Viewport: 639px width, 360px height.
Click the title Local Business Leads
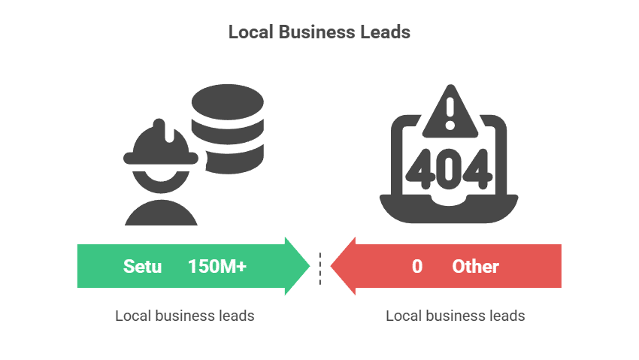[x=319, y=32]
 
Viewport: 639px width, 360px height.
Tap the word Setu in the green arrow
[x=143, y=266]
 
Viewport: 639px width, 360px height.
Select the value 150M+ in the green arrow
[x=217, y=266]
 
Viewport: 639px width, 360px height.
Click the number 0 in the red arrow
[x=416, y=266]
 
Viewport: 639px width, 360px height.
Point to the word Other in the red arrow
[x=475, y=266]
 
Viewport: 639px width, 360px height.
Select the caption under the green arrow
[x=184, y=316]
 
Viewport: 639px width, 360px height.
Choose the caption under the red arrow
[x=455, y=316]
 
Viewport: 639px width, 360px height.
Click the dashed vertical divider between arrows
[x=319, y=268]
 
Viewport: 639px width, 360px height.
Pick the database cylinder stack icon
[x=227, y=128]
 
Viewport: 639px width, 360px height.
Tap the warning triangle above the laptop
[x=450, y=113]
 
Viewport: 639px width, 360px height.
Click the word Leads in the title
[x=388, y=32]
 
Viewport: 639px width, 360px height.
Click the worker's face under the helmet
[x=161, y=177]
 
